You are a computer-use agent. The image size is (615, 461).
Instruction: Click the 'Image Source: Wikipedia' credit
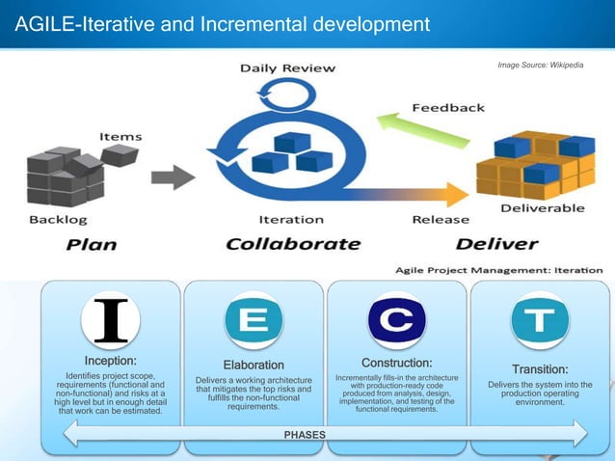pyautogui.click(x=539, y=64)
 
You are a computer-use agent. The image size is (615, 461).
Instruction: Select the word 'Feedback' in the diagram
pyautogui.click(x=448, y=107)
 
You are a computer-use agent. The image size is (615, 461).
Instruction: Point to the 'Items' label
pyautogui.click(x=120, y=136)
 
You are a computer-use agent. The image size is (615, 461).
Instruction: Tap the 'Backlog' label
pyautogui.click(x=57, y=221)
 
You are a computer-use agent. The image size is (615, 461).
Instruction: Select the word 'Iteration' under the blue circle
pyautogui.click(x=290, y=219)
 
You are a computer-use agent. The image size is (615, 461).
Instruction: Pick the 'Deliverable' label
pyautogui.click(x=543, y=207)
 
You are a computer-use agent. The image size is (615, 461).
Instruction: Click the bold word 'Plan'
pyautogui.click(x=93, y=244)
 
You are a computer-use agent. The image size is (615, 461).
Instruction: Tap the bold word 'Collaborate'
pyautogui.click(x=290, y=243)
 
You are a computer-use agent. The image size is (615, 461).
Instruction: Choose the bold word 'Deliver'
pyautogui.click(x=497, y=243)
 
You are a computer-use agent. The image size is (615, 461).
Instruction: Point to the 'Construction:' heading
pyautogui.click(x=396, y=362)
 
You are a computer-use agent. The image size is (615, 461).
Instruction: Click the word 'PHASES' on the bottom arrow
pyautogui.click(x=305, y=435)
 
